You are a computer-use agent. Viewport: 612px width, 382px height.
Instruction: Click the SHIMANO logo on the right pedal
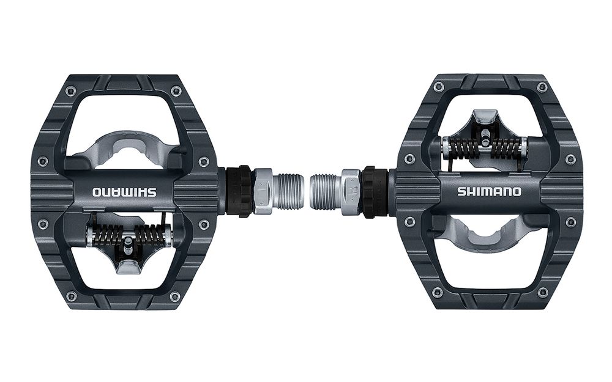[x=489, y=191]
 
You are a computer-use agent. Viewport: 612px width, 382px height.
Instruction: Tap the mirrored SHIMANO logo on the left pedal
[x=124, y=192]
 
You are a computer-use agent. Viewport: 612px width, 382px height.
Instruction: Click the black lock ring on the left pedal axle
[x=244, y=191]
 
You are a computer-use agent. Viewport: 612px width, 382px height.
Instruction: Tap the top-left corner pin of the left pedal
[x=70, y=92]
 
